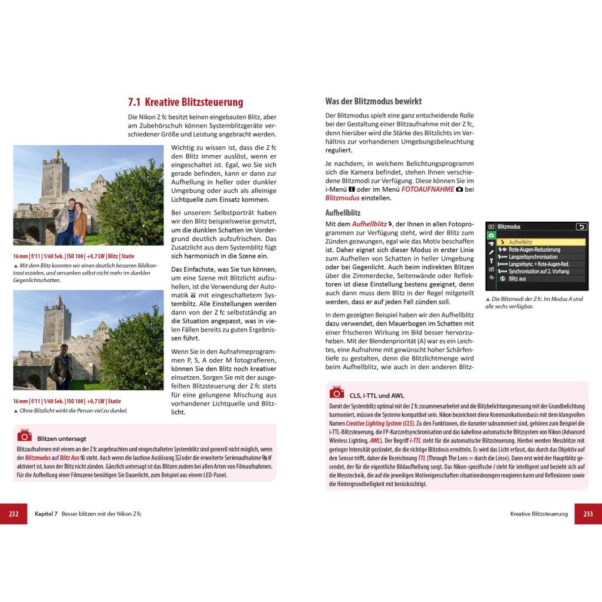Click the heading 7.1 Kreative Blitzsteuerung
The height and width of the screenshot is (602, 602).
tap(185, 102)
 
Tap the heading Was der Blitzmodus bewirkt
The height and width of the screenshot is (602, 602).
tap(373, 101)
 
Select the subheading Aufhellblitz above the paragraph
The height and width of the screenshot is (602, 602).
tap(343, 213)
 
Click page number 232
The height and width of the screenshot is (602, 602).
tap(14, 514)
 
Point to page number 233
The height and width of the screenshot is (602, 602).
tap(588, 514)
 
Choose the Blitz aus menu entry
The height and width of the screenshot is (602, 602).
tap(517, 279)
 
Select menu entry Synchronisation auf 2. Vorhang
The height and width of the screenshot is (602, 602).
tap(539, 272)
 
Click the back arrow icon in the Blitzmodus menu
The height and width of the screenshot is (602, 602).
tap(581, 226)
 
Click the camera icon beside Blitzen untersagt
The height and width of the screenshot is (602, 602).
tap(24, 435)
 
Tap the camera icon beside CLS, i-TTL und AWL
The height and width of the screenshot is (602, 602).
tap(336, 392)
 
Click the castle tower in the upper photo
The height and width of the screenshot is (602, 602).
tap(57, 173)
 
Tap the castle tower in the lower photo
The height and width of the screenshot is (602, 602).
tap(57, 317)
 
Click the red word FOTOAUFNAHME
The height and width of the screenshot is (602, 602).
tap(427, 189)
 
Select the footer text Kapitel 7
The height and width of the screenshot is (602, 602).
tap(46, 514)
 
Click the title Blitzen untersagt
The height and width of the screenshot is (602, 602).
tap(62, 439)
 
